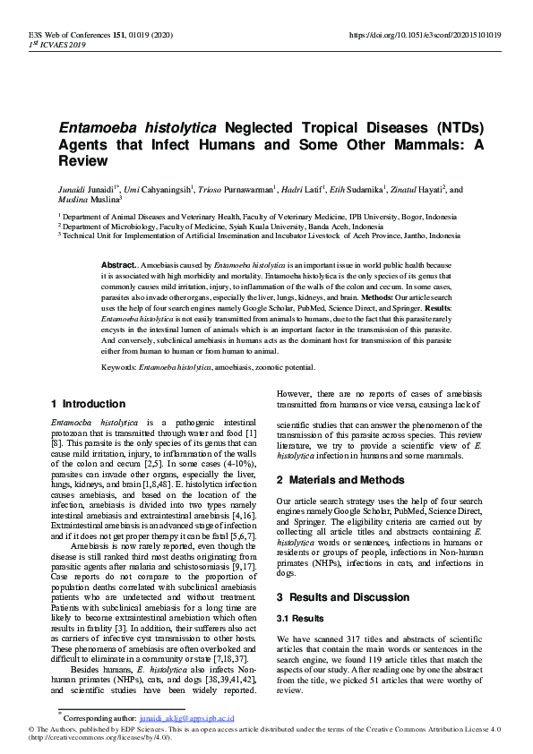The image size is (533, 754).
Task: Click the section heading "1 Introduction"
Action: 89,404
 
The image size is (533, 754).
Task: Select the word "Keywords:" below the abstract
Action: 119,368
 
